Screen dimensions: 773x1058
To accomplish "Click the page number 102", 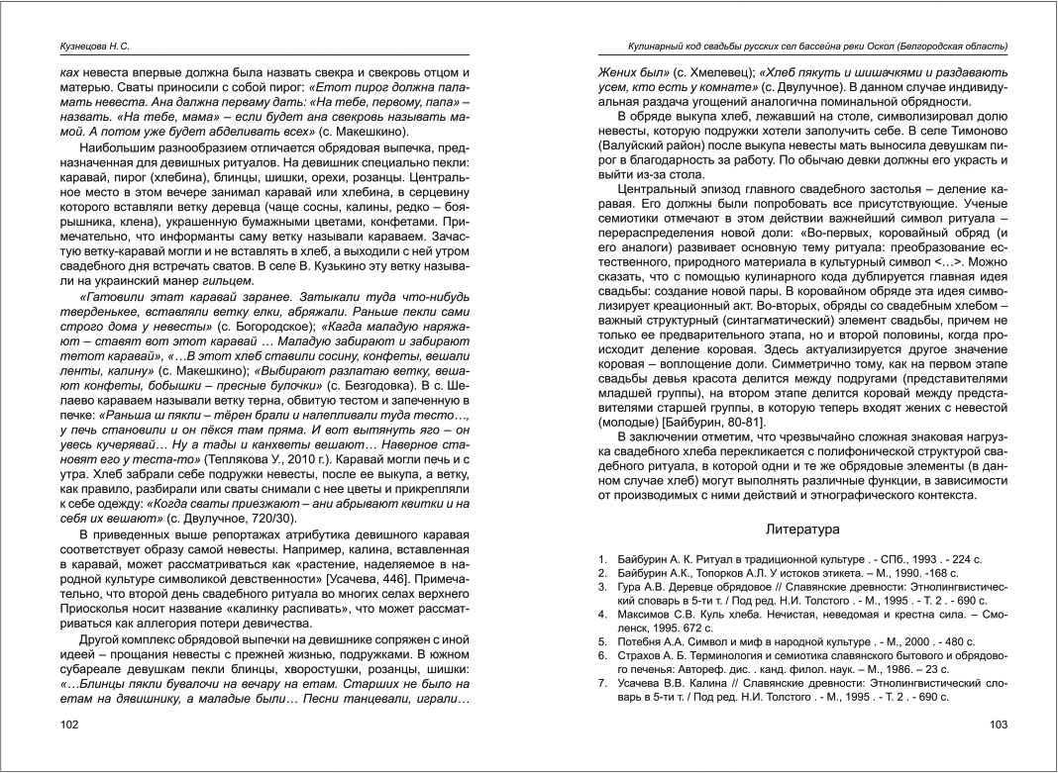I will [70, 725].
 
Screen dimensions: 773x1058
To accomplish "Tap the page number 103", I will [999, 725].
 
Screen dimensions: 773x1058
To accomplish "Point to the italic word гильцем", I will [233, 281].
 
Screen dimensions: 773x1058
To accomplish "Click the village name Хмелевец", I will [721, 73].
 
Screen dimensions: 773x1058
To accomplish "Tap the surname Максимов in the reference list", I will [645, 614].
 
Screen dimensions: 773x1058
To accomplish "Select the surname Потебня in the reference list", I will [642, 641].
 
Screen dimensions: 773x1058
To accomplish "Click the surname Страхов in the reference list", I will [640, 655].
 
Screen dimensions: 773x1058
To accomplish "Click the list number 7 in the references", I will [602, 683].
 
